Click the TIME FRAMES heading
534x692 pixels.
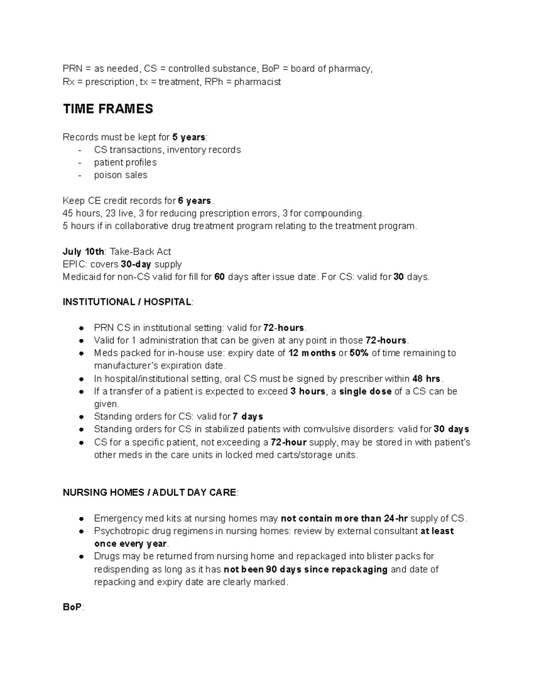(108, 109)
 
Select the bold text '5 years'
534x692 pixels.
(189, 137)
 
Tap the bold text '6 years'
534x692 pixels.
(195, 201)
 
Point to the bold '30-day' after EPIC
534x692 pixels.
(136, 264)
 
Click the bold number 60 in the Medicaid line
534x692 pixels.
(219, 277)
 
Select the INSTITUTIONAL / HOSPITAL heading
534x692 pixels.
(127, 302)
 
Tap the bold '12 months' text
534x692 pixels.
(312, 353)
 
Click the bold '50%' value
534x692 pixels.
(359, 353)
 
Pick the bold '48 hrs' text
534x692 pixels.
(426, 379)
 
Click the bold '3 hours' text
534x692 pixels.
(307, 392)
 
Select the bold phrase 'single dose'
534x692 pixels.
(365, 392)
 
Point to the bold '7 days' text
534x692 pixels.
(248, 417)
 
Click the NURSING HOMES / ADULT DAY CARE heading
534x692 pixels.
(150, 493)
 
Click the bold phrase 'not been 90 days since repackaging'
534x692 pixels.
(305, 569)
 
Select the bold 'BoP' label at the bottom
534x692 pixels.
(72, 608)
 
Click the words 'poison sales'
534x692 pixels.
(121, 175)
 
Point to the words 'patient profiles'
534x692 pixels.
(125, 163)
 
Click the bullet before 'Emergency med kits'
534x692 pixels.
(81, 519)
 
